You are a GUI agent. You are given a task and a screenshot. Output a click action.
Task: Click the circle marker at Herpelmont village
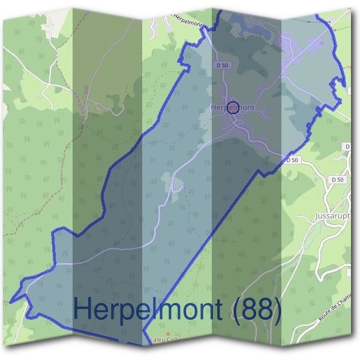pyautogui.click(x=233, y=107)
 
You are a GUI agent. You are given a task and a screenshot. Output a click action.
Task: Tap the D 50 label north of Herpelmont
pyautogui.click(x=221, y=65)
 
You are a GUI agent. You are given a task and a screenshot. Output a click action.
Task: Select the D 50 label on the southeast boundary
pyautogui.click(x=292, y=160)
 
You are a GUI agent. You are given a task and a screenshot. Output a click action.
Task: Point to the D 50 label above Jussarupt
pyautogui.click(x=338, y=179)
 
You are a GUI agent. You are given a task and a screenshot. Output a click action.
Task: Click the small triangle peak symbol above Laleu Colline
pyautogui.click(x=167, y=333)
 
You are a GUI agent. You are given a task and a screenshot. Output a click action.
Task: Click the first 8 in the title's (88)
pyautogui.click(x=246, y=311)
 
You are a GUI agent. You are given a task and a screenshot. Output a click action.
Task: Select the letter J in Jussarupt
pyautogui.click(x=316, y=215)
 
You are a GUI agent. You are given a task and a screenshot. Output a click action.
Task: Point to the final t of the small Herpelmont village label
pyautogui.click(x=253, y=107)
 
